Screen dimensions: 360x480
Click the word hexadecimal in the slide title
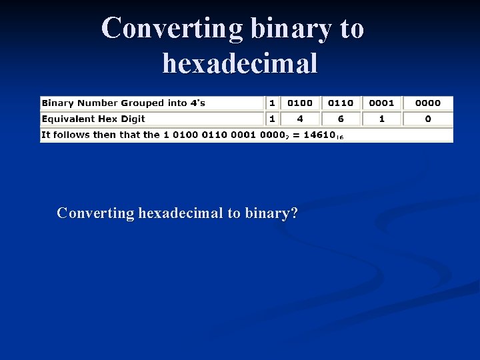(x=240, y=64)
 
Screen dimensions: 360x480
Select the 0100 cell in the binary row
(x=300, y=103)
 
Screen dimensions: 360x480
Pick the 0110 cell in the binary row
(x=341, y=103)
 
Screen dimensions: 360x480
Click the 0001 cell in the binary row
(x=381, y=103)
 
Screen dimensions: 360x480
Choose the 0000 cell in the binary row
(x=427, y=103)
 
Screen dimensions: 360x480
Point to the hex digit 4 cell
(x=300, y=119)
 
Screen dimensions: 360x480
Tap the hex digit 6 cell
(x=341, y=119)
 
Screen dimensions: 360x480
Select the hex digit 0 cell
(x=427, y=119)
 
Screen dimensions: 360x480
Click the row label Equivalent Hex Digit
(x=93, y=119)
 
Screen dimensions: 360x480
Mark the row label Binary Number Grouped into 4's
(x=123, y=103)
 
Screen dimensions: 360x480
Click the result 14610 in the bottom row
(x=319, y=135)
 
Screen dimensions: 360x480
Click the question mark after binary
(x=294, y=213)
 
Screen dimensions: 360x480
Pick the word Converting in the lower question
(x=95, y=213)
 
